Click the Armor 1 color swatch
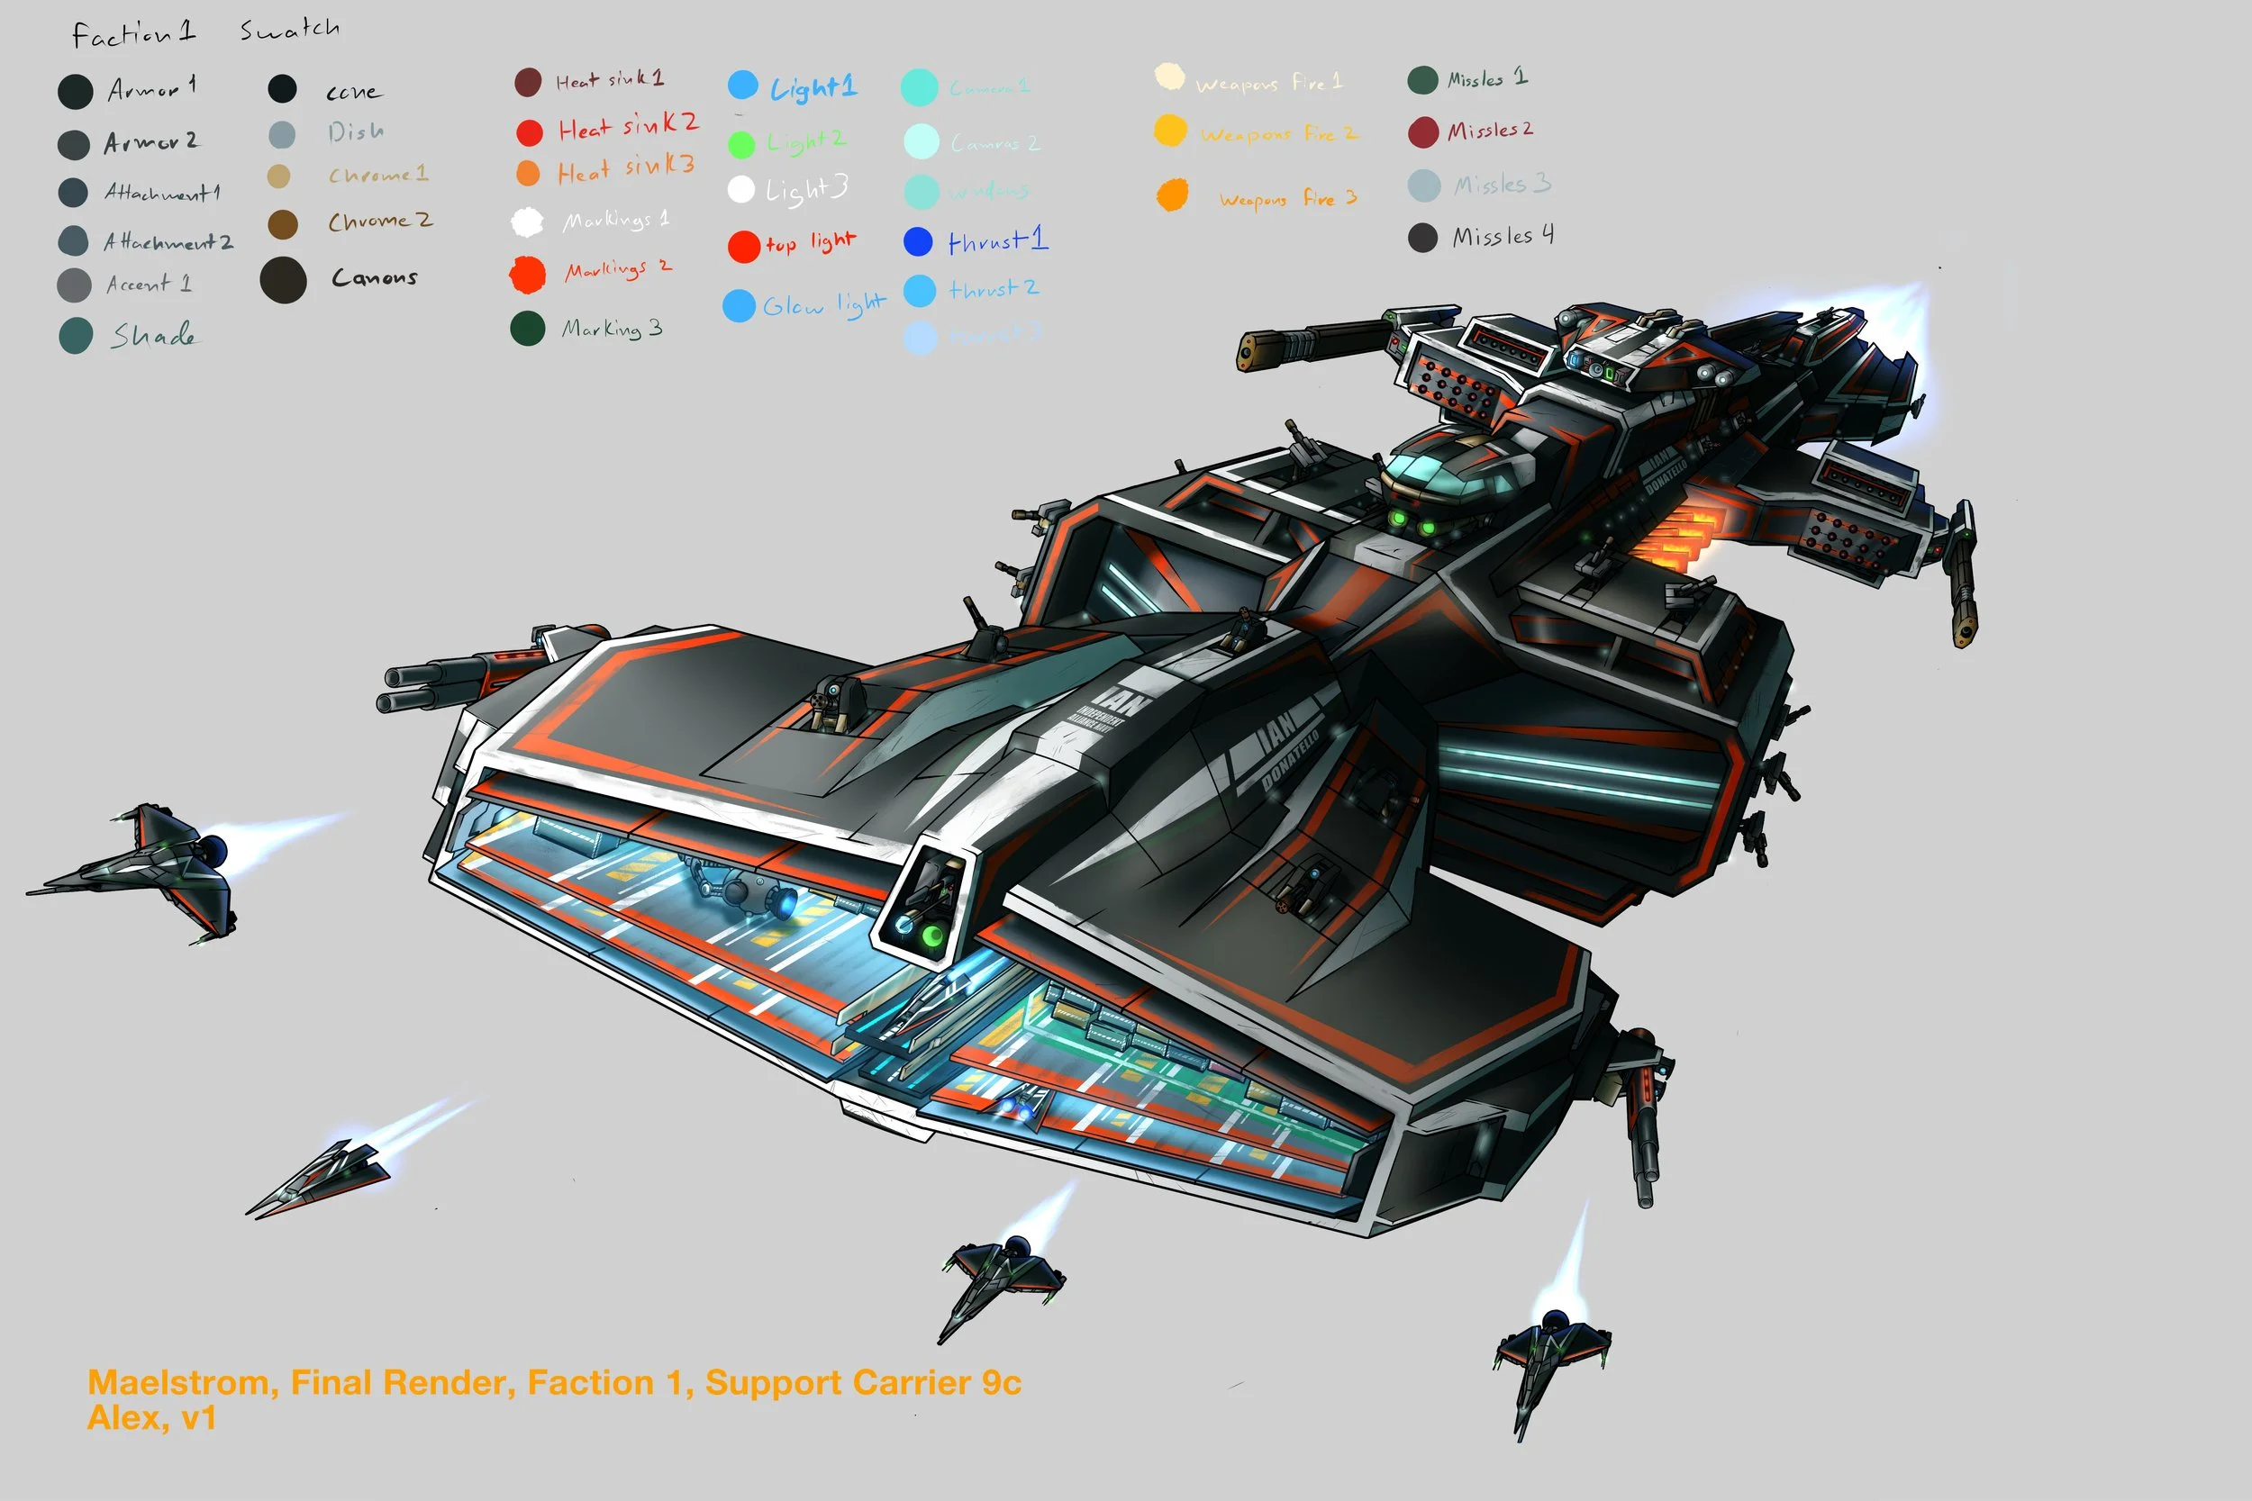click(x=75, y=92)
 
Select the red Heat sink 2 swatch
click(x=530, y=132)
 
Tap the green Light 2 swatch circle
click(x=741, y=145)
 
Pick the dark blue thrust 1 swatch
click(x=917, y=241)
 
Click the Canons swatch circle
click(x=284, y=280)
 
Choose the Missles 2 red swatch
click(x=1423, y=132)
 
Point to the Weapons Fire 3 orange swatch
click(x=1172, y=195)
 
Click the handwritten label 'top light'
click(x=810, y=243)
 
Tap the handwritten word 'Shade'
click(x=153, y=336)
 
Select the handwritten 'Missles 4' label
click(x=1503, y=237)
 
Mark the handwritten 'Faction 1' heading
click(x=134, y=34)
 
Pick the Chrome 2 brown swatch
click(x=283, y=225)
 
